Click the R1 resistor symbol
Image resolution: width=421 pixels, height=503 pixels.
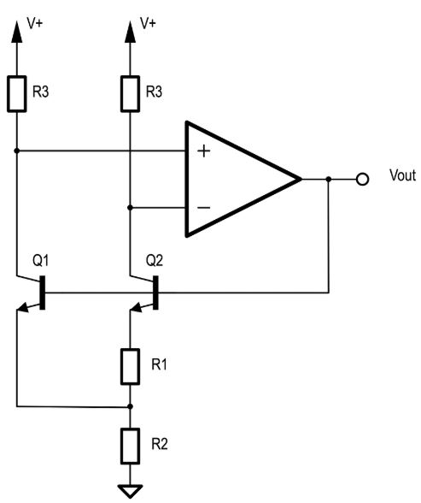point(130,367)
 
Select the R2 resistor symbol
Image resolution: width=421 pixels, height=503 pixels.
point(130,446)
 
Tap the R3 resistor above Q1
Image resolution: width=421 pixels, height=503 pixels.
point(16,94)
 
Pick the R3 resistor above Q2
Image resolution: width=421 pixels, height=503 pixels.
point(130,94)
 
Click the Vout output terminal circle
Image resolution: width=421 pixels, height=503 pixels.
point(362,179)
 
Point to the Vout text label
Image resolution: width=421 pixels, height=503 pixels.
point(402,175)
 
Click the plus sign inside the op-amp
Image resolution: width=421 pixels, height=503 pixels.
point(203,151)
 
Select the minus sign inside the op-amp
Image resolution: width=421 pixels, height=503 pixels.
point(203,208)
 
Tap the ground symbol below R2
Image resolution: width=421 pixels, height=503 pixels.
point(130,491)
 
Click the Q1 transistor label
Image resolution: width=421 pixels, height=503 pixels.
point(41,260)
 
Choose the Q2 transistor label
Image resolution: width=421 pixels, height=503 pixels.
point(155,260)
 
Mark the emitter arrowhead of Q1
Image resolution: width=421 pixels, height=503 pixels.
point(21,307)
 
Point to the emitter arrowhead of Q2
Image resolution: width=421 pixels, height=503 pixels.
point(136,307)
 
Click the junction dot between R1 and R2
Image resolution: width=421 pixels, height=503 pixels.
point(130,406)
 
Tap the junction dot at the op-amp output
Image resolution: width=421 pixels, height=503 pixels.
point(329,179)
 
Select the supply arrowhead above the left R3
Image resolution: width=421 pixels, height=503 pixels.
point(16,32)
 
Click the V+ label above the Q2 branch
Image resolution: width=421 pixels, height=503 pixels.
point(148,23)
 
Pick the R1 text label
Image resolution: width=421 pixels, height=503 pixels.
point(159,364)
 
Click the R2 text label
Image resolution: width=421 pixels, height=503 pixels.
point(160,444)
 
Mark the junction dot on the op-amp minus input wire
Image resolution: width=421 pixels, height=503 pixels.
point(130,208)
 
